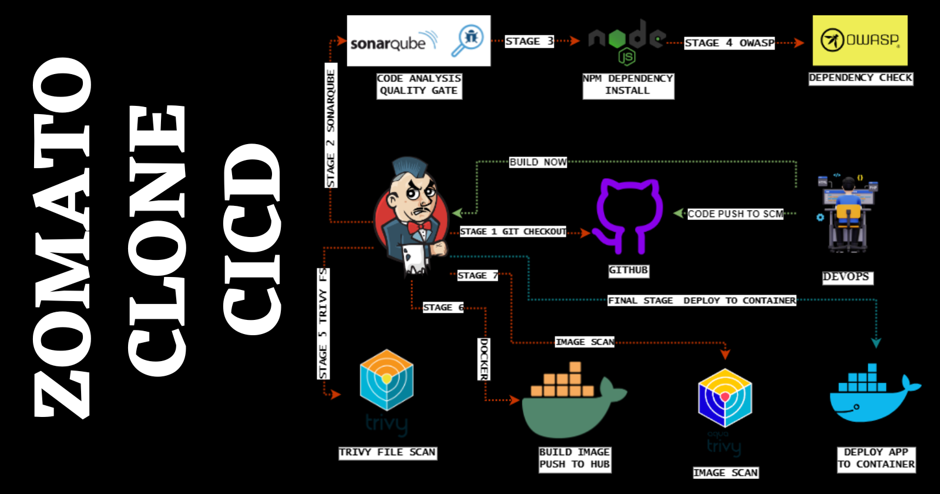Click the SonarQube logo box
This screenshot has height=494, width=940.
[418, 41]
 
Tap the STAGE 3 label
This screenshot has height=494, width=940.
[529, 41]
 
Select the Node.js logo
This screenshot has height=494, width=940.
[627, 41]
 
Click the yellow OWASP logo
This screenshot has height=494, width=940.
[860, 40]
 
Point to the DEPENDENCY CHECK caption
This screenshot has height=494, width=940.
[861, 78]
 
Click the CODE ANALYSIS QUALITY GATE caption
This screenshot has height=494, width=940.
[419, 85]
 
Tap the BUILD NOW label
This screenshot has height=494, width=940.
[538, 162]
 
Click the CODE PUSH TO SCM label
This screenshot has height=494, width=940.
[735, 214]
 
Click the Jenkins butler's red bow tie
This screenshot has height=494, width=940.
[419, 226]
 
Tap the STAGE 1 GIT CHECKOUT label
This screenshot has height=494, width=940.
[513, 232]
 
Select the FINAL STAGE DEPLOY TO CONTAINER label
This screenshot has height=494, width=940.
[701, 301]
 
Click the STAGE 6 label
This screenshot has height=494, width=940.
[443, 307]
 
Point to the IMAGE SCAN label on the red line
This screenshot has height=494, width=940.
[585, 342]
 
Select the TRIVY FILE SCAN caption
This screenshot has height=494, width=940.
[387, 452]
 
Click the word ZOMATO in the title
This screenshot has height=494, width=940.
[62, 235]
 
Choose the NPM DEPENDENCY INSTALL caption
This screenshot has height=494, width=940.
[627, 85]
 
